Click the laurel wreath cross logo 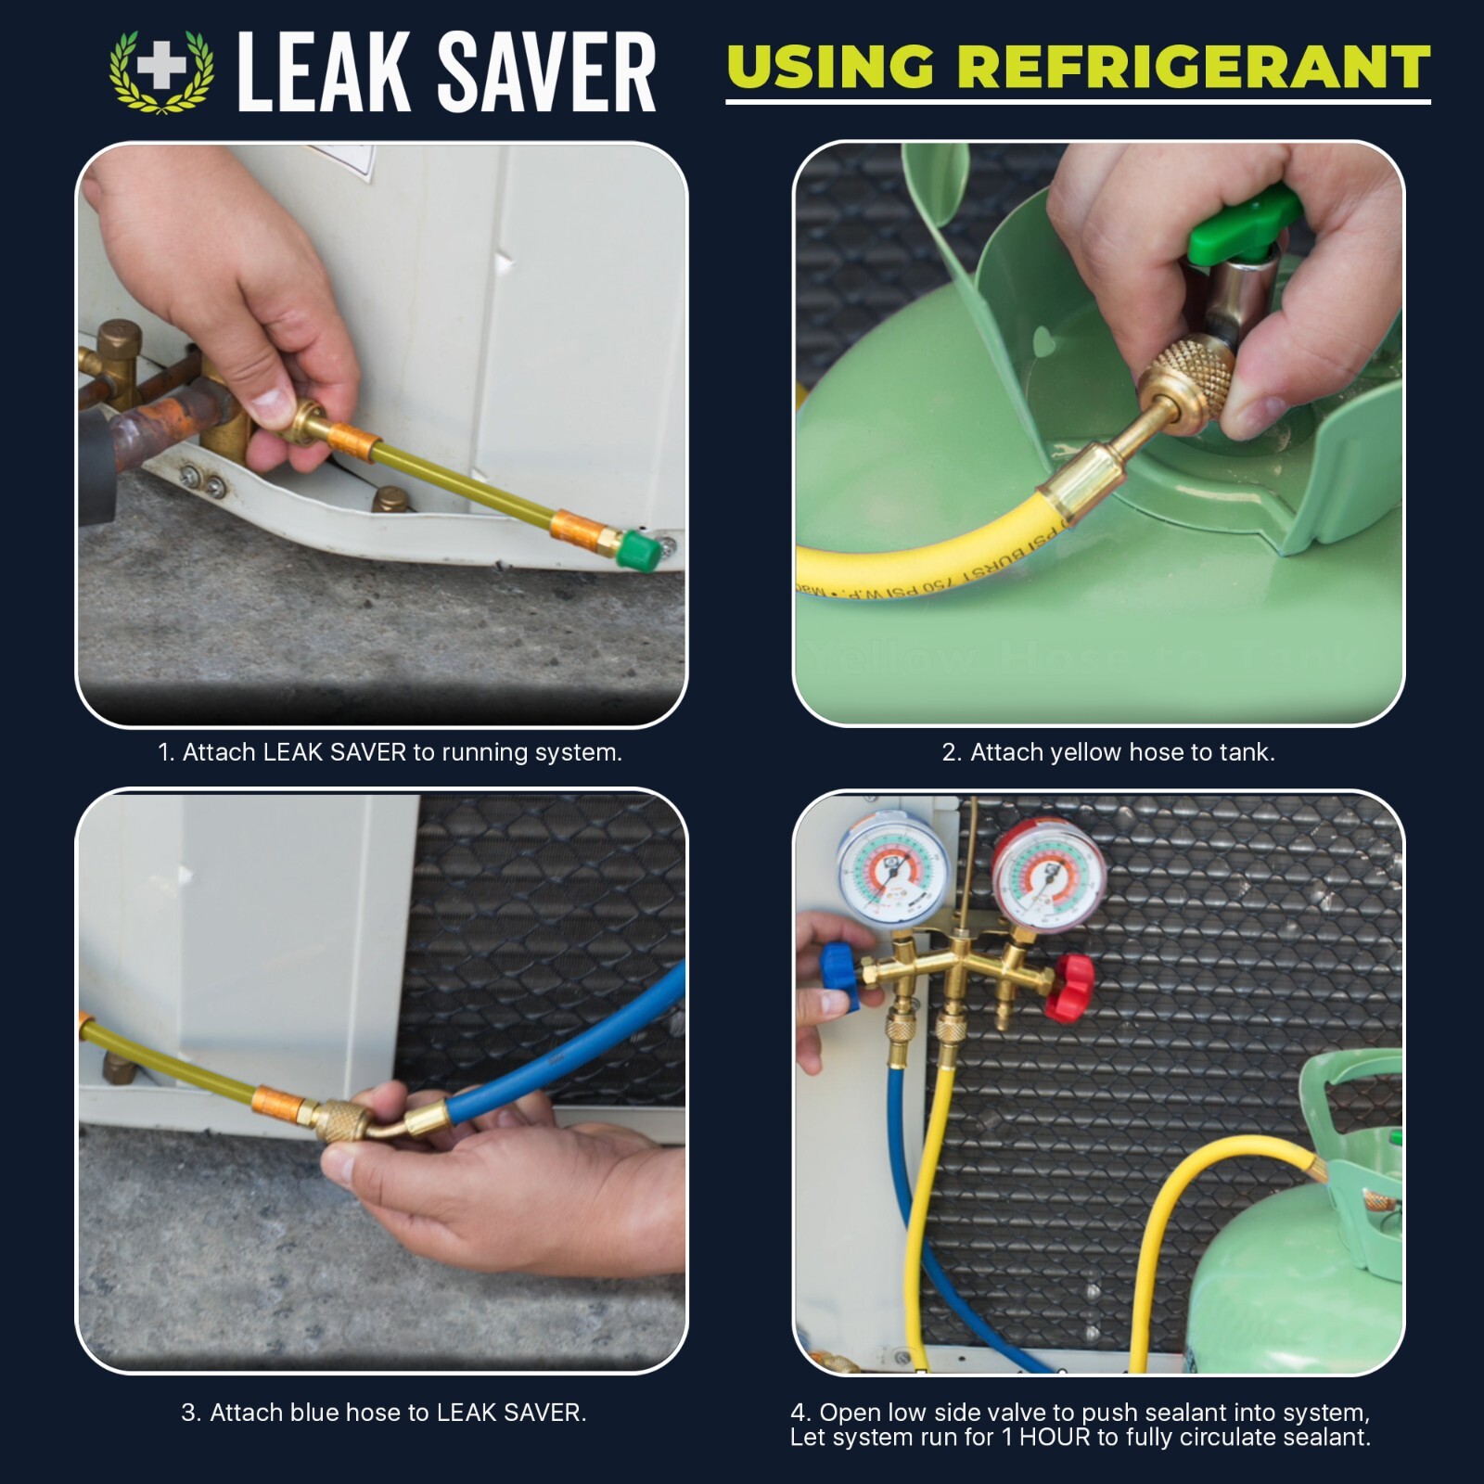[162, 71]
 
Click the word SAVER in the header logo [546, 71]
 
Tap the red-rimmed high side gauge [1049, 873]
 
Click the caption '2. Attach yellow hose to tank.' [1108, 752]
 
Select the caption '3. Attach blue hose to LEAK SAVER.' [383, 1413]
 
